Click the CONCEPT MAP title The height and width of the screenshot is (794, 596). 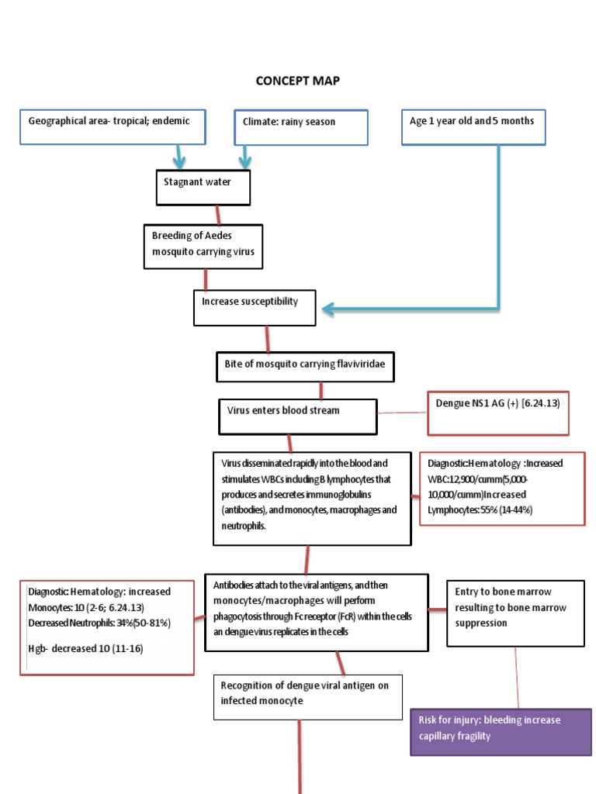coord(298,81)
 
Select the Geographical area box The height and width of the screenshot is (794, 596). coord(113,126)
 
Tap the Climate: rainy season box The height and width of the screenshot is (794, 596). coord(301,127)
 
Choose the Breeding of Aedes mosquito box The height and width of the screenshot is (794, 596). coord(203,244)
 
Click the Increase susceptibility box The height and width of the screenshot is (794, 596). coord(255,307)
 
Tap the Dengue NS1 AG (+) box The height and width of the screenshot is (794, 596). coord(498,412)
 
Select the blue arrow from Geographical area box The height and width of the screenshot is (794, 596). coord(179,157)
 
